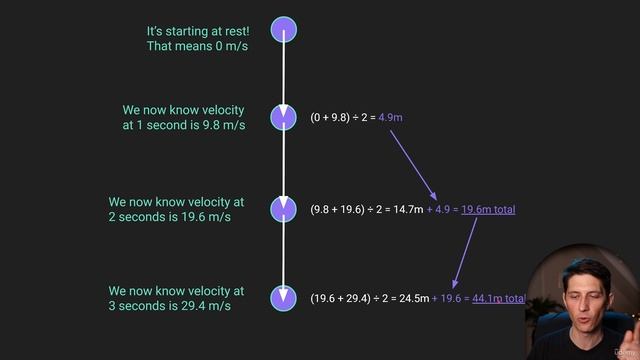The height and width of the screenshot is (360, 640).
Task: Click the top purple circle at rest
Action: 285,30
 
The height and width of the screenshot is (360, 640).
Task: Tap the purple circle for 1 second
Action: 285,117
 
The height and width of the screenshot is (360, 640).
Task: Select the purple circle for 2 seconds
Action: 285,208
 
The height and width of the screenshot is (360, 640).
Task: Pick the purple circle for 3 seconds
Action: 285,297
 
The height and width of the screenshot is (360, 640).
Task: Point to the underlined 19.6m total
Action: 488,209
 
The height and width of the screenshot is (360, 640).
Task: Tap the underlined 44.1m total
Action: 498,298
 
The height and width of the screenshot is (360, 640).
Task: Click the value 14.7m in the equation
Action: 409,209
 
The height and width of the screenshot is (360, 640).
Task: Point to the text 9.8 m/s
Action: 222,125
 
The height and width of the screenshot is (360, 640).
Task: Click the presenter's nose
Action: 581,290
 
